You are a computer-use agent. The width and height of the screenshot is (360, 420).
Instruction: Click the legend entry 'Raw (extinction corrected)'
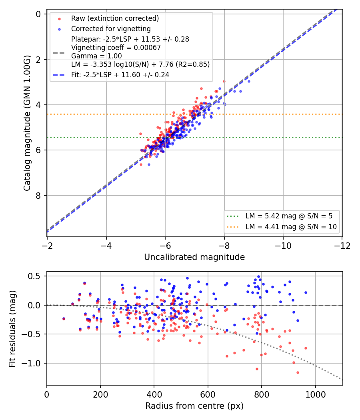pos(115,18)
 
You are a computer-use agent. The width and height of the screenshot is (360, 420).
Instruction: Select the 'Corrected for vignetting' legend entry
pos(111,29)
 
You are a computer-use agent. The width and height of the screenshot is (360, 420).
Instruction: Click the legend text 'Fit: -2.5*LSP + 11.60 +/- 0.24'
pos(120,75)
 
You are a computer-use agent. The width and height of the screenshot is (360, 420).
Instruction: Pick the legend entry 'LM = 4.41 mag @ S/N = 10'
pos(291,227)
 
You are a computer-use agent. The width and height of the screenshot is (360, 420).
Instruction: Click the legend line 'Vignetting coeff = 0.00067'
pos(116,48)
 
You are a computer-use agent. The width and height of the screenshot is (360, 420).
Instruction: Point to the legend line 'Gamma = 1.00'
pos(96,56)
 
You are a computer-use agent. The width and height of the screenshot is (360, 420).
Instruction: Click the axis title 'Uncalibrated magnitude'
pos(194,257)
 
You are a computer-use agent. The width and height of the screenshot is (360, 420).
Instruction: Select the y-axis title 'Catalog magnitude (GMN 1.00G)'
pos(27,123)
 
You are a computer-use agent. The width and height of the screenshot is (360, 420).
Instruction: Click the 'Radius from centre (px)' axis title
pos(194,406)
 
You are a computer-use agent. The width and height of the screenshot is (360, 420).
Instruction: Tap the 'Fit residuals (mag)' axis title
pos(12,329)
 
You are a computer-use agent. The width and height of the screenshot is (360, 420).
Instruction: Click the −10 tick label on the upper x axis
pos(283,246)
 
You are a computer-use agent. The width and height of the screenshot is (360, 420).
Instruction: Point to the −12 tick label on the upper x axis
pos(342,246)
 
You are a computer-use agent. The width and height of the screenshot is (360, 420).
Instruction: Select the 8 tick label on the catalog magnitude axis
pos(38,196)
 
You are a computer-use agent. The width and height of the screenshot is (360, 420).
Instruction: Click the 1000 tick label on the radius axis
pos(315,394)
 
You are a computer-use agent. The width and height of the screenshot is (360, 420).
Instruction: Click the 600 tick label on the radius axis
pos(208,394)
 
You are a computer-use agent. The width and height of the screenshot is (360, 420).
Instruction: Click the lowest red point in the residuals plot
pos(298,372)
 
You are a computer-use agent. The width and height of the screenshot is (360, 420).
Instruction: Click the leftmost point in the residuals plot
pos(64,319)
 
